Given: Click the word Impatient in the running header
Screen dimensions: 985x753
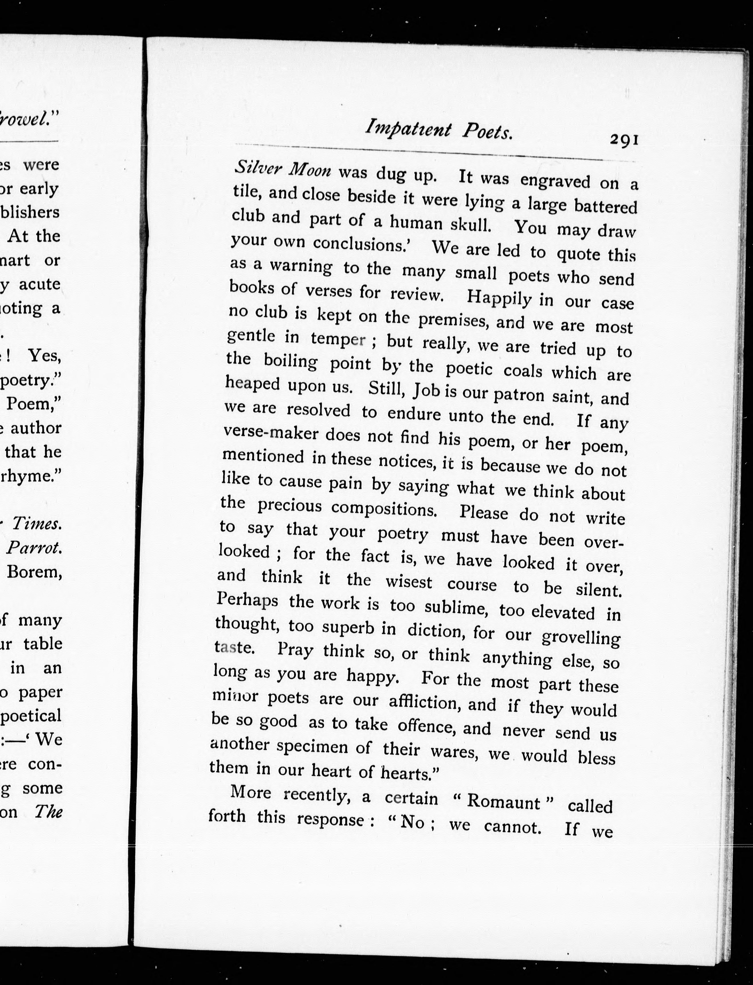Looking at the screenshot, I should pyautogui.click(x=408, y=129).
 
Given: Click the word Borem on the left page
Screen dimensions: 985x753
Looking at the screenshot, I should pyautogui.click(x=34, y=572).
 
